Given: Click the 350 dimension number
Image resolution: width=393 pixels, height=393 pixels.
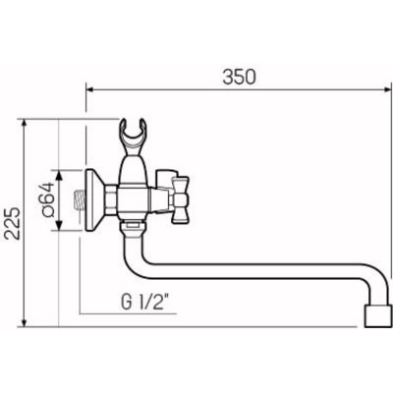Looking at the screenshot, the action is point(239,78).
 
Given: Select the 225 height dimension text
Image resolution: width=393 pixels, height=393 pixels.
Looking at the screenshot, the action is point(14,223).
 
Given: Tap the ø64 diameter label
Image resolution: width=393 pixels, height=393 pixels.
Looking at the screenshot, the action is point(48,199).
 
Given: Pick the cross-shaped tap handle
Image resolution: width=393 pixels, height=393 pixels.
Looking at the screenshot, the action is point(181,199).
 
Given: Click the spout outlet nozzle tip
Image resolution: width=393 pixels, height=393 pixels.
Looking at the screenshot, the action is point(377,315).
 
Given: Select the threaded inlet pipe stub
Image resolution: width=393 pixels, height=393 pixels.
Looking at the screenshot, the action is point(79,201).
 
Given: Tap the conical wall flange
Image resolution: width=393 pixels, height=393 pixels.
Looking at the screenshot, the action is point(94,199).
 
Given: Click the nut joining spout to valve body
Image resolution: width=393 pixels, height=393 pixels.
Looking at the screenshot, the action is point(133,229).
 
